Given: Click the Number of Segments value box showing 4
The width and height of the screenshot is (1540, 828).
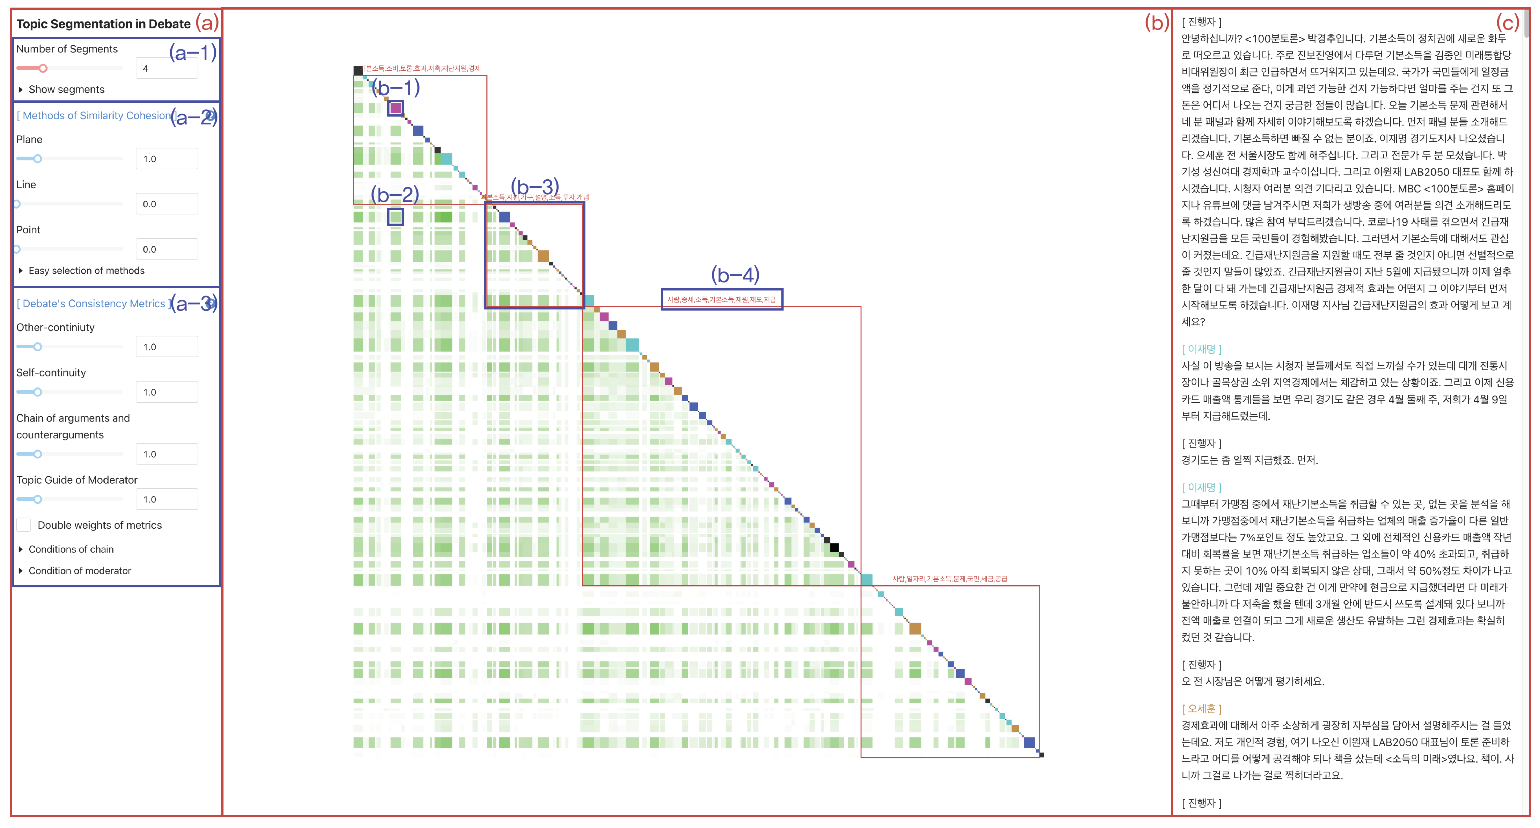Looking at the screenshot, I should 166,68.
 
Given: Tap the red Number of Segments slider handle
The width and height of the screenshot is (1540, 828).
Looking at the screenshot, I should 43,68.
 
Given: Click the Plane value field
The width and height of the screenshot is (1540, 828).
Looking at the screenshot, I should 166,159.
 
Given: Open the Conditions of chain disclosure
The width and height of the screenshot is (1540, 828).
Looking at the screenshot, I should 21,549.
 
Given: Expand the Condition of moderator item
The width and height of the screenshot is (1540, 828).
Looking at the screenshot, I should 21,571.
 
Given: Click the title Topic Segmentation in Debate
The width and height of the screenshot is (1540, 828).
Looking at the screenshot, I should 104,24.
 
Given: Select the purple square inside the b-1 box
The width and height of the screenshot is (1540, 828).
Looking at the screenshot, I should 395,108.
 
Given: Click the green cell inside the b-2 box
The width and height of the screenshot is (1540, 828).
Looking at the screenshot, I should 395,217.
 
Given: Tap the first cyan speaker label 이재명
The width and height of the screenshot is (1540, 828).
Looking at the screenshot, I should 1202,349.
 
